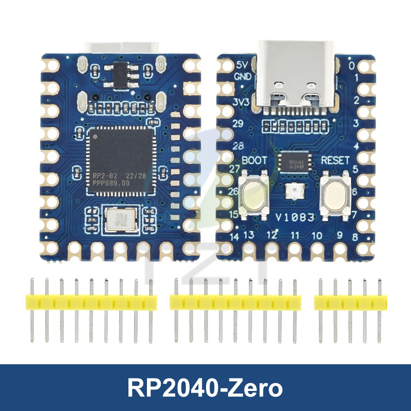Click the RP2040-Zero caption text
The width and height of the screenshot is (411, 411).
pos(206,388)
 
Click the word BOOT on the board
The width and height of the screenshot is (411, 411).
pos(254,160)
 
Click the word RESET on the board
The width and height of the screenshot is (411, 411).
pos(335,160)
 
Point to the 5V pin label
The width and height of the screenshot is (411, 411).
pos(241,65)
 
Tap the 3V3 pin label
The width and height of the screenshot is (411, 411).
pos(241,102)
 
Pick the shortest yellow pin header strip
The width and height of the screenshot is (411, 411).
pos(349,303)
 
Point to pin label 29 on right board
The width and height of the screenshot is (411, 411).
pos(237,124)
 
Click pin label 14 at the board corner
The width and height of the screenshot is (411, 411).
pos(235,237)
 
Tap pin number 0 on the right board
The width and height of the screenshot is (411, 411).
pos(351,66)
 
